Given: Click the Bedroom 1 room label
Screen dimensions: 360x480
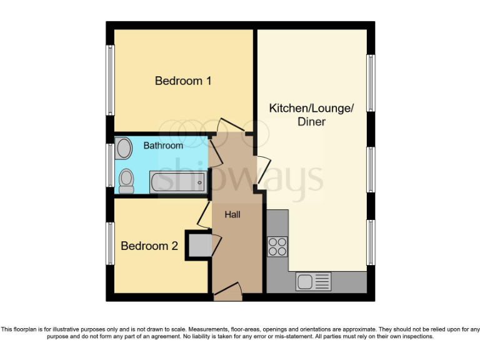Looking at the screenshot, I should (x=183, y=81).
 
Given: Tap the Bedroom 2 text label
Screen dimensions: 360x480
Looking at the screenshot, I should (x=149, y=246).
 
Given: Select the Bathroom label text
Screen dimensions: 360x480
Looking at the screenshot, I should (x=163, y=146).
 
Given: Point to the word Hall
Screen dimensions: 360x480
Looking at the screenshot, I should (x=232, y=214).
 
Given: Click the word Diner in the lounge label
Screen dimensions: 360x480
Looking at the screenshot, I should (x=311, y=122).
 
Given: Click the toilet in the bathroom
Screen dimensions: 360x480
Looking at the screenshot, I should (x=127, y=181).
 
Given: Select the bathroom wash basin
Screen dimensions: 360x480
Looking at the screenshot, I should (x=124, y=149).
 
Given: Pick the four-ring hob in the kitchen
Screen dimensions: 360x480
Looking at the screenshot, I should (x=277, y=247).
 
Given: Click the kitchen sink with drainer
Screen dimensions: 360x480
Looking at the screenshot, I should (x=314, y=282).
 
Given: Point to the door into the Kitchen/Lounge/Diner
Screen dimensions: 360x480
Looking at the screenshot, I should (x=263, y=171).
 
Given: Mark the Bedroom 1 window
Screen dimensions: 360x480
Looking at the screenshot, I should (x=110, y=80).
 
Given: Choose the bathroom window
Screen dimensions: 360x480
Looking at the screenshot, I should (x=110, y=164).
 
